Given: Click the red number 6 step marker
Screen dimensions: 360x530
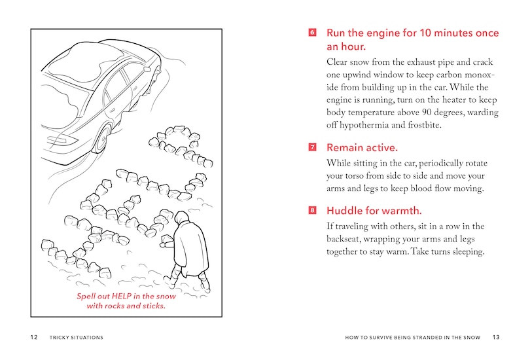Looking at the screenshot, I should (x=312, y=33).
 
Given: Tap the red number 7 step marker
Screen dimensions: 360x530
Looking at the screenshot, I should (x=312, y=147).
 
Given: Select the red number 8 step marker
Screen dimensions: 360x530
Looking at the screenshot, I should (x=312, y=211).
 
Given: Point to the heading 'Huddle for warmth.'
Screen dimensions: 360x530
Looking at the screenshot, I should (x=374, y=211).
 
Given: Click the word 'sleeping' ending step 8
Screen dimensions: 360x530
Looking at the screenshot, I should (x=465, y=252).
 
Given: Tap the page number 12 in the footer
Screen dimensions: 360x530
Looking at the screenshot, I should (x=33, y=338).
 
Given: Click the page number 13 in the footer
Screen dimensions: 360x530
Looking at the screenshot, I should (x=495, y=338).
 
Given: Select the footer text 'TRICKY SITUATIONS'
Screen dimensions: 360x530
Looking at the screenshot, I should (x=76, y=338).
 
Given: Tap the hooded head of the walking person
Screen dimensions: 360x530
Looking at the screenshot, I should (x=182, y=217).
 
